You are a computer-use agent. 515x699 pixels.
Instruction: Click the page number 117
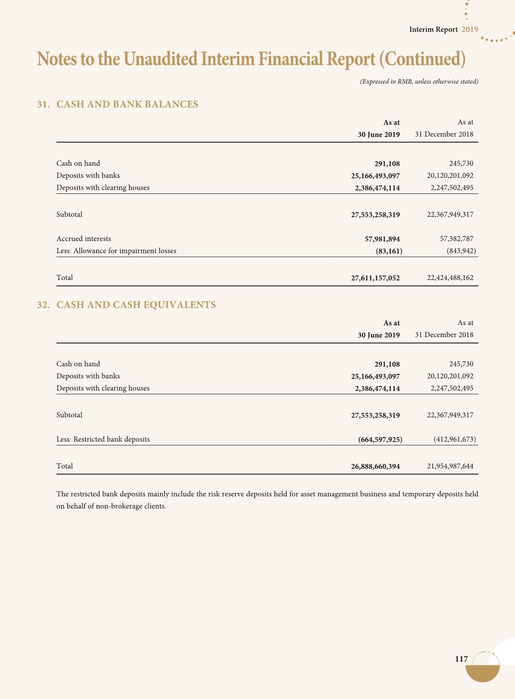[461, 659]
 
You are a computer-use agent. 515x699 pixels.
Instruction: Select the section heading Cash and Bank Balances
[127, 104]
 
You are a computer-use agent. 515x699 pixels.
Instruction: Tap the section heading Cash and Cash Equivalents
[136, 305]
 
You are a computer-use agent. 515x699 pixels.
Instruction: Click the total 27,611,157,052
[375, 278]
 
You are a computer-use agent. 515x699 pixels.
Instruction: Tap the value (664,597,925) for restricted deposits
[380, 439]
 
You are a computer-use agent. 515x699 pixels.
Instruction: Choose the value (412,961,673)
[454, 439]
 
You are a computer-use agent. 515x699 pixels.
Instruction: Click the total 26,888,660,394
[375, 467]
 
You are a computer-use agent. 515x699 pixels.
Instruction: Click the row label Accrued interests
[84, 239]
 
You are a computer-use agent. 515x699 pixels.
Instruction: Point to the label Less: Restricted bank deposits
[103, 439]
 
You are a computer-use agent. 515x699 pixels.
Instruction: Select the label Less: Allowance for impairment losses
[116, 251]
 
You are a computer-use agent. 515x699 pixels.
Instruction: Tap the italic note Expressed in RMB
[418, 82]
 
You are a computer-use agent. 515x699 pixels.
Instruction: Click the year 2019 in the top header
[470, 29]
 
